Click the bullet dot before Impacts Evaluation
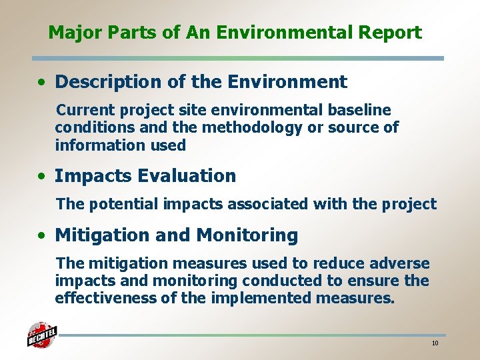42,177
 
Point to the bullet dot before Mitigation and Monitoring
42,236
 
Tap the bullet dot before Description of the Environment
42,83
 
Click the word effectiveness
105,298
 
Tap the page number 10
435,343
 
